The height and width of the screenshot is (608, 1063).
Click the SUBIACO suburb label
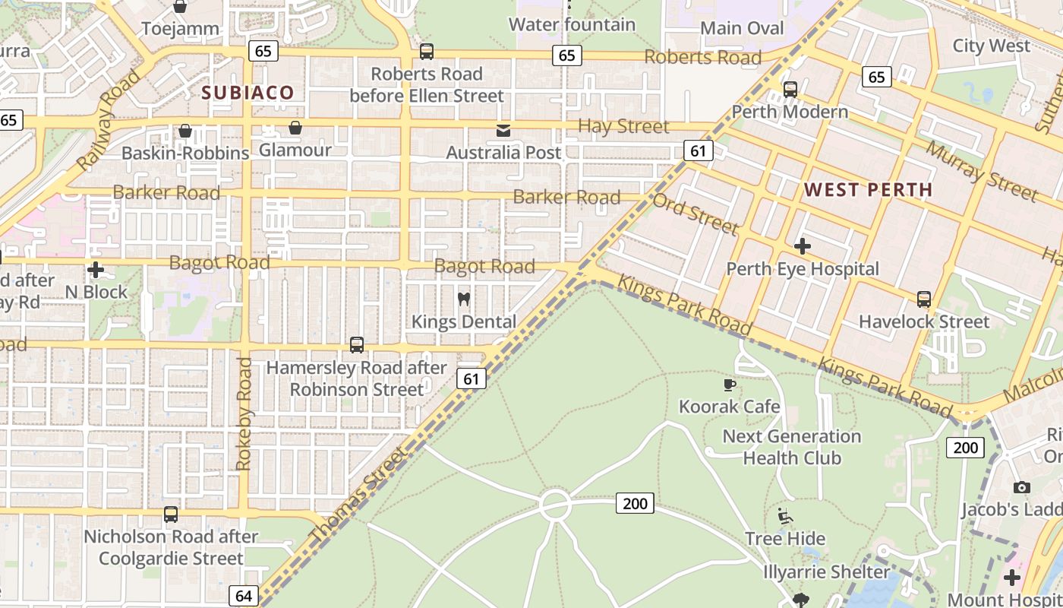pos(248,93)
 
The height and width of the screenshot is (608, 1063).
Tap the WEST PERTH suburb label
pos(868,190)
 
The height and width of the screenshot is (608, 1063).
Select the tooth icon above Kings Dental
pos(464,299)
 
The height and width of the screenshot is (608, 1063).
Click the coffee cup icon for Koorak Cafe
pos(730,385)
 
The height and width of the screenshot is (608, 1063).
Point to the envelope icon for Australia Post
pos(503,131)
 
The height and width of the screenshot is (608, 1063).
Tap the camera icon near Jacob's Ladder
pos(1022,487)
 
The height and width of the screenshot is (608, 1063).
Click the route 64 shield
pos(243,596)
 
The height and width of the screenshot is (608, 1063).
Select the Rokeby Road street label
pos(244,414)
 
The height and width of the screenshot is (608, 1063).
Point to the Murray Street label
pos(980,171)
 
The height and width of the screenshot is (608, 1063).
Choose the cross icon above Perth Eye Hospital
pos(803,246)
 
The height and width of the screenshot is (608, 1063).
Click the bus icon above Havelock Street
pos(923,299)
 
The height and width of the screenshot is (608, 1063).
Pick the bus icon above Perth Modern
pos(790,90)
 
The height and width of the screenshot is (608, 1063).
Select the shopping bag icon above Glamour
pos(295,128)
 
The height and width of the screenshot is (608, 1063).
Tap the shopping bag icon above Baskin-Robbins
pos(185,131)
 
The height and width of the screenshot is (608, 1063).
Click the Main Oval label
pos(742,28)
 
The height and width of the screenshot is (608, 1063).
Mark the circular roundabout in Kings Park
pos(555,505)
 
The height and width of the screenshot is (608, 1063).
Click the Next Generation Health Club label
pos(791,447)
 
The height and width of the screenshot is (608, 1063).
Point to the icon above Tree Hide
pos(785,517)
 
